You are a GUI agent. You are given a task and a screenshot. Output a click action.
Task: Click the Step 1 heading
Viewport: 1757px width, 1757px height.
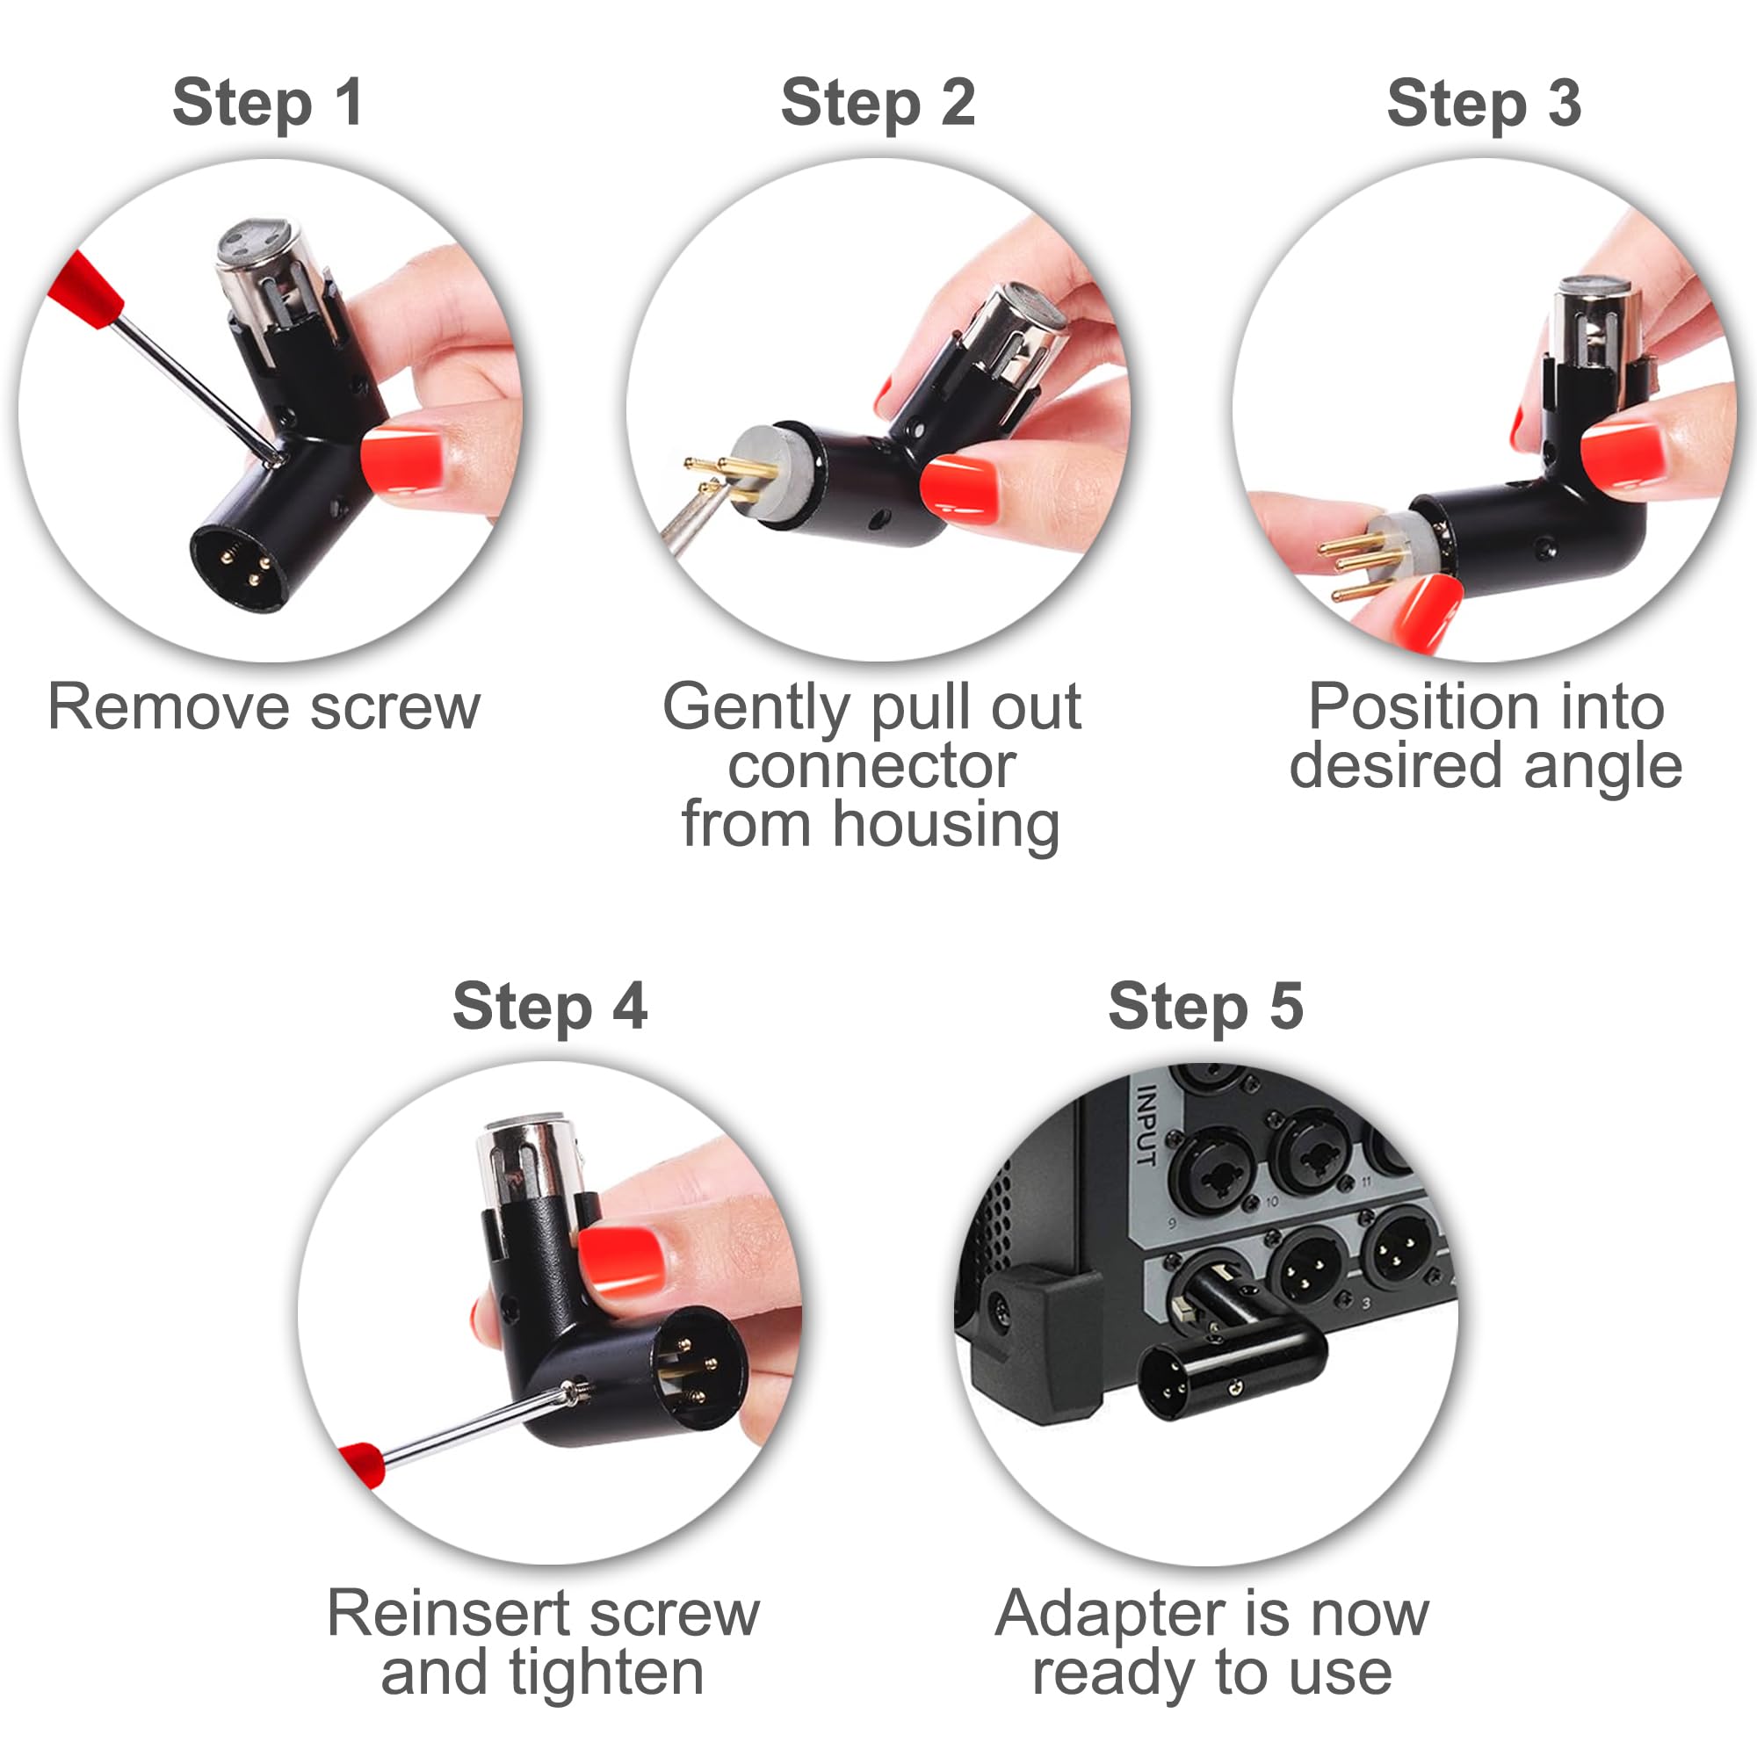(x=267, y=103)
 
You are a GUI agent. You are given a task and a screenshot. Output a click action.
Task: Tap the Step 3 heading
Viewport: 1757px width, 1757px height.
(x=1483, y=103)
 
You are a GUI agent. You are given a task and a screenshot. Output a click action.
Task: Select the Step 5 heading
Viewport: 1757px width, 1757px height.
(x=1206, y=1006)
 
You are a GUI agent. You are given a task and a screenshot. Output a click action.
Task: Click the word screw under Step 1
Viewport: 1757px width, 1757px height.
(x=394, y=706)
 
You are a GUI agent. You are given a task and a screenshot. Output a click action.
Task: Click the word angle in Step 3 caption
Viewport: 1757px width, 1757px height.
(x=1602, y=765)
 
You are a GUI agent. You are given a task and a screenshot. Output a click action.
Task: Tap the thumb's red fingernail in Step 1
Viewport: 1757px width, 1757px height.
(x=404, y=460)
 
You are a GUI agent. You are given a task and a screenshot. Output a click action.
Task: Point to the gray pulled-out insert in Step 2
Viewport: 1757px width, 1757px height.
(x=774, y=473)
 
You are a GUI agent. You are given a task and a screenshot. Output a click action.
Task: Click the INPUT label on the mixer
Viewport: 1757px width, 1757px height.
(x=1148, y=1127)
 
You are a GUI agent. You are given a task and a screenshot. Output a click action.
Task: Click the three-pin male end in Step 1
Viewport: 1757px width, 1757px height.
(x=239, y=568)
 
